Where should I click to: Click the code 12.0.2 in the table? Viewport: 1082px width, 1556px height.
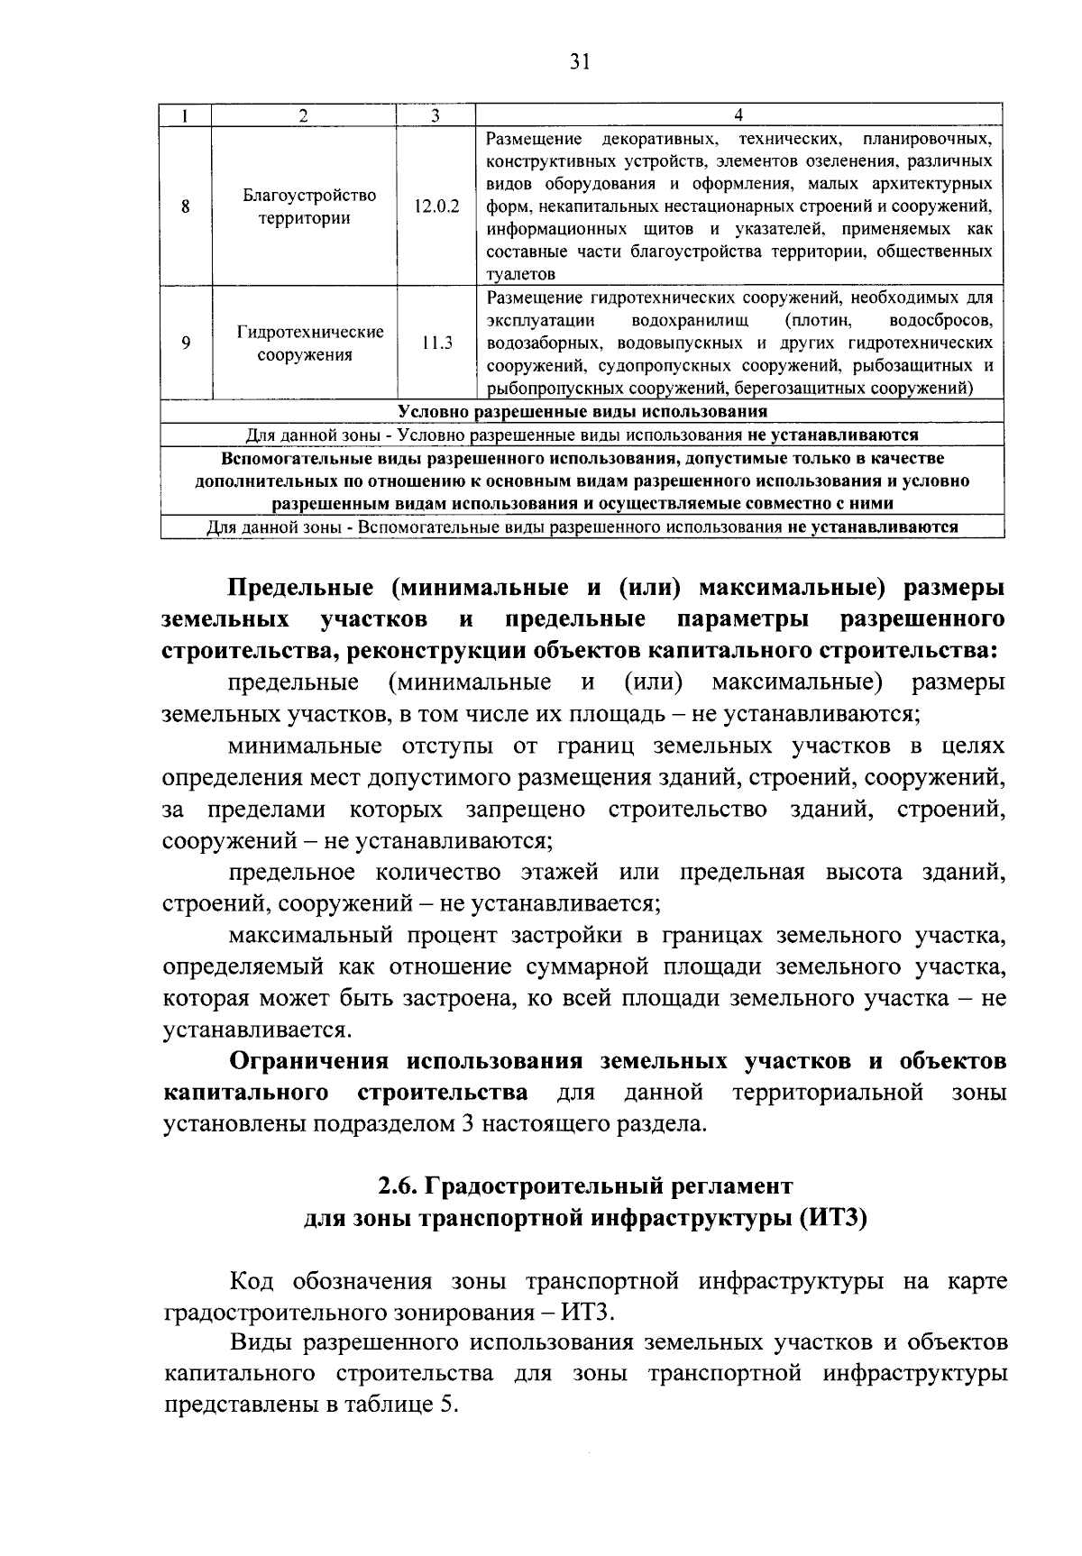point(436,206)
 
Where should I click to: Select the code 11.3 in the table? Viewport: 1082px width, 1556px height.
point(436,343)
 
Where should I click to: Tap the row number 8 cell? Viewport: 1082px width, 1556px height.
point(186,206)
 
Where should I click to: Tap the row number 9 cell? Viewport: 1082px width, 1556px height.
point(186,343)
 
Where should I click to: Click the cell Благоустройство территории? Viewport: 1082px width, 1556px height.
point(305,206)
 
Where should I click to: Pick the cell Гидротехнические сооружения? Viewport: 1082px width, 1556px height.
point(305,343)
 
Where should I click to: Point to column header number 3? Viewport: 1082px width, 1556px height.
point(436,114)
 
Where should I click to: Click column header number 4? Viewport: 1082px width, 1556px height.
point(738,114)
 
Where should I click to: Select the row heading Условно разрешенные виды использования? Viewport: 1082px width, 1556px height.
point(582,412)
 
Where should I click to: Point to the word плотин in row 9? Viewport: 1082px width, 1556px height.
point(818,321)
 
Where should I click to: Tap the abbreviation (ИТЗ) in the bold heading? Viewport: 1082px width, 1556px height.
point(830,1219)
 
